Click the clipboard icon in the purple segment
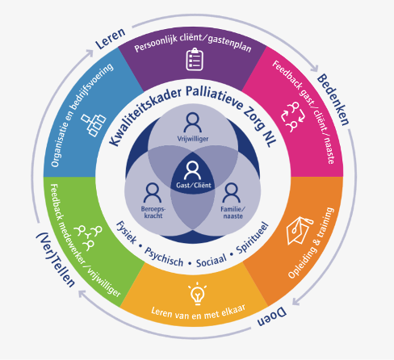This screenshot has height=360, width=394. click(x=195, y=60)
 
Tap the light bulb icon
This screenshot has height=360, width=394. click(x=198, y=294)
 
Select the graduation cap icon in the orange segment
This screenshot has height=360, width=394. click(x=299, y=230)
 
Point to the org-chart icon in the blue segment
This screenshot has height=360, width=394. click(x=94, y=125)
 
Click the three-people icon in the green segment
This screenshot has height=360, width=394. click(x=89, y=237)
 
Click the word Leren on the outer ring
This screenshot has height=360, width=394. click(x=111, y=39)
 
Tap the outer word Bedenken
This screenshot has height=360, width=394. click(x=333, y=99)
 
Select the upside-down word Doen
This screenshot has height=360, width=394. click(x=272, y=317)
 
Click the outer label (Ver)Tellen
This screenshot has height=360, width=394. click(x=56, y=260)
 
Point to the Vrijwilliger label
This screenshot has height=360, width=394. click(x=193, y=139)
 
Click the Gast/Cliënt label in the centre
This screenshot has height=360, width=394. click(x=194, y=185)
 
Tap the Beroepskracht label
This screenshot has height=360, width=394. click(x=153, y=212)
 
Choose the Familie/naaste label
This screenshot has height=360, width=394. click(x=233, y=212)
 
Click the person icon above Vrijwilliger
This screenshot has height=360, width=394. click(x=193, y=123)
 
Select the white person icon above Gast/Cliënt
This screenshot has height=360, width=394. click(x=192, y=170)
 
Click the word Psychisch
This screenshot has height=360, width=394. click(x=164, y=257)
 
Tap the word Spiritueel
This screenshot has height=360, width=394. click(x=253, y=238)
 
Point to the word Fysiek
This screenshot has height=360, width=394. click(x=126, y=232)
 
